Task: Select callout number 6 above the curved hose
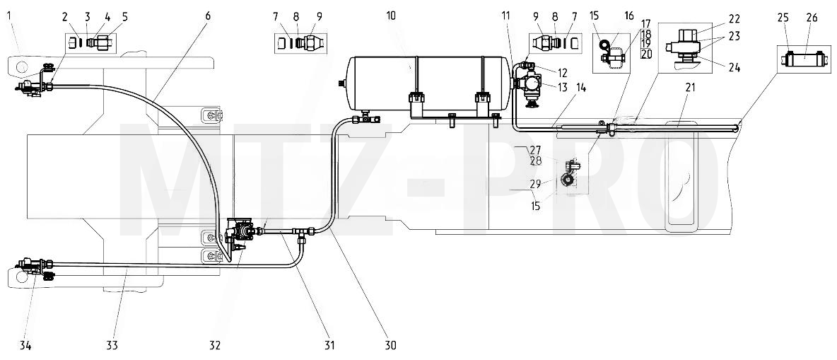207,16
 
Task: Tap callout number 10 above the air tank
391,16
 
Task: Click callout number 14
581,88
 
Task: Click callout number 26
812,18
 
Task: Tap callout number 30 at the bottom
391,346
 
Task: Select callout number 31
329,346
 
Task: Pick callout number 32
215,346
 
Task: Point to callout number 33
112,346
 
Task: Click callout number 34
25,346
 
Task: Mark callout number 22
734,18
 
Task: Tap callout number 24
734,66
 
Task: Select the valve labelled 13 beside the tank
529,83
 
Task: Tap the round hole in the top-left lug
21,66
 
